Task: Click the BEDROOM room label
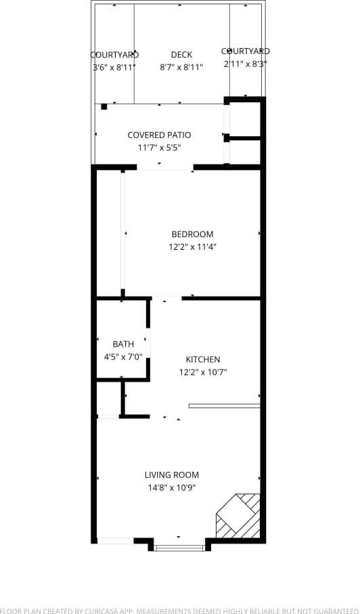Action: pos(192,234)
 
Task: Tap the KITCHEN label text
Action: pos(203,359)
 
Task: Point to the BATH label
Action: pos(123,345)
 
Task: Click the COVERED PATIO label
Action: pos(159,135)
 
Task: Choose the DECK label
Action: pos(181,55)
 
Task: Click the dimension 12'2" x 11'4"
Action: pos(192,247)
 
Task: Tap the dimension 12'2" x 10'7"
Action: pos(203,372)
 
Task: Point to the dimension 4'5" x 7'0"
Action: pos(123,357)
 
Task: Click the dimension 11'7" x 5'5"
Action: pos(159,148)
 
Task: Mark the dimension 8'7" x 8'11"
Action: pos(181,67)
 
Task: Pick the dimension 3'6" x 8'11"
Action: pos(114,67)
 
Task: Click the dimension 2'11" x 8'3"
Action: pos(245,64)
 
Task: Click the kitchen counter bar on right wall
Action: pos(224,406)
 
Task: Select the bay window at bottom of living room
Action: pos(179,547)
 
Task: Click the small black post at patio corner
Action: pos(104,106)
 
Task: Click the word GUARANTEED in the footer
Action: pos(330,609)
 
